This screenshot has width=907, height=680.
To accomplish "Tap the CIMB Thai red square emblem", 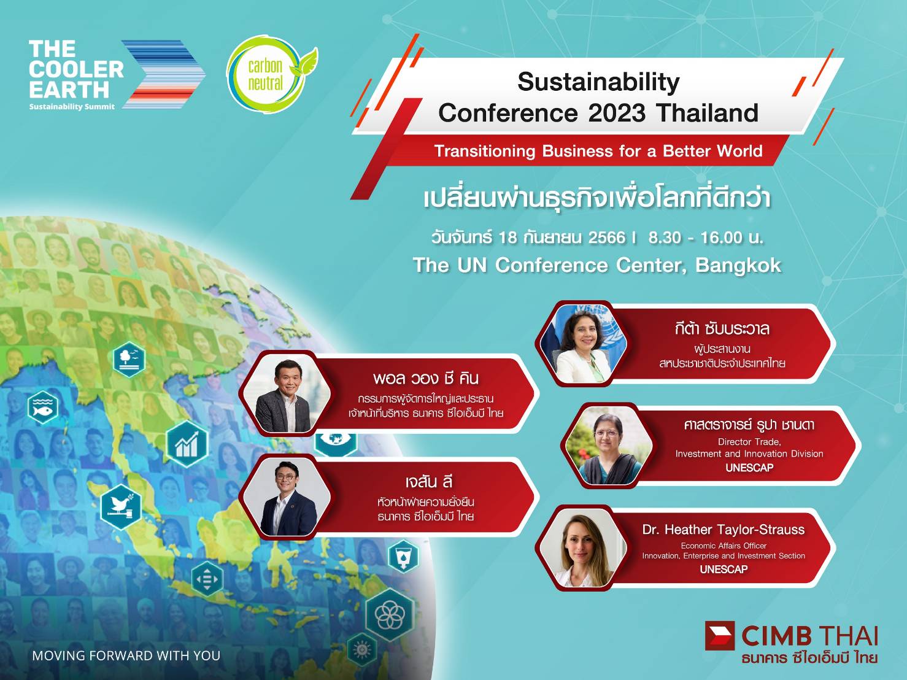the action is pyautogui.click(x=720, y=635).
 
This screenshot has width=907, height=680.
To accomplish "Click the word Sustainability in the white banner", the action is pyautogui.click(x=598, y=82).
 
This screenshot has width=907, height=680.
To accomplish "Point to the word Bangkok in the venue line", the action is pyautogui.click(x=738, y=265).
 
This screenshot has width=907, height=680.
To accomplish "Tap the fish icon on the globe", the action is pyautogui.click(x=43, y=408).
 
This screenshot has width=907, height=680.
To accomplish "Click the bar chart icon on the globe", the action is pyautogui.click(x=187, y=444).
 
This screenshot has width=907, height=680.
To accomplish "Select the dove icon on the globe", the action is pyautogui.click(x=121, y=507).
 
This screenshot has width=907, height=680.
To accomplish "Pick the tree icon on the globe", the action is pyautogui.click(x=129, y=359).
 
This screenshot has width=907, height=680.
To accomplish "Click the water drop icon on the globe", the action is pyautogui.click(x=403, y=555).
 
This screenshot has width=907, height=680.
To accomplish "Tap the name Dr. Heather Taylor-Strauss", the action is pyautogui.click(x=723, y=529).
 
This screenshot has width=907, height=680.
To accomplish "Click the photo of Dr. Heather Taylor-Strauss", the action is pyautogui.click(x=582, y=548).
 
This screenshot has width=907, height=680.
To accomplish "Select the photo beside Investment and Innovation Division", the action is pyautogui.click(x=608, y=445).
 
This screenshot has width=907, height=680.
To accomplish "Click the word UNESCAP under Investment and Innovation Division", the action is pyautogui.click(x=749, y=467).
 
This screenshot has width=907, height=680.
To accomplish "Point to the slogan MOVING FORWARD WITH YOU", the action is pyautogui.click(x=126, y=655).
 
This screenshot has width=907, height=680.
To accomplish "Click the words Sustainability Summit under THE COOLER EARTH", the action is pyautogui.click(x=72, y=107).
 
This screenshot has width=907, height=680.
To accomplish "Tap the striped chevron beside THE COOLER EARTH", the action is pyautogui.click(x=164, y=74).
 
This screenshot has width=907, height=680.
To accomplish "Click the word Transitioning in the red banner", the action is pyautogui.click(x=485, y=151).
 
